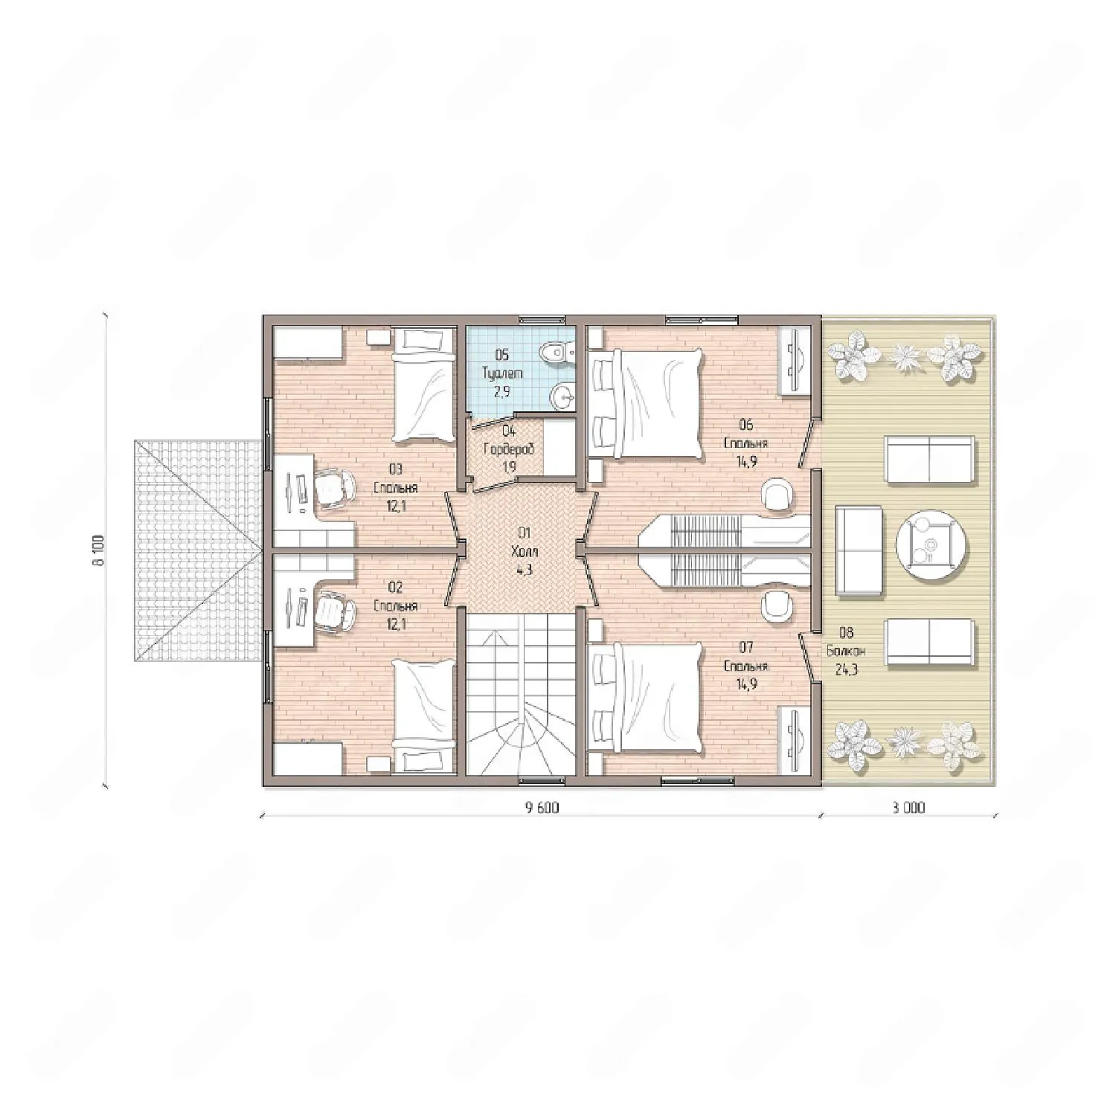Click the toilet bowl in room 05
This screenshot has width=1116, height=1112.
556,349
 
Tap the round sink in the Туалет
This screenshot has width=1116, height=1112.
565,396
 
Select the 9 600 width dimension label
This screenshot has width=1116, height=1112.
542,808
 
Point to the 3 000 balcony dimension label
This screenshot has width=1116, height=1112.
908,808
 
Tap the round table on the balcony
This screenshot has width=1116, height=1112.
931,549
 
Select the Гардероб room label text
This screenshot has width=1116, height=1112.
509,449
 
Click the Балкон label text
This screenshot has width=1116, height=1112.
846,651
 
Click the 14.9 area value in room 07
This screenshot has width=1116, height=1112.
746,684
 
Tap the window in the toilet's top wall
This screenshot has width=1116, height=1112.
542,320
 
